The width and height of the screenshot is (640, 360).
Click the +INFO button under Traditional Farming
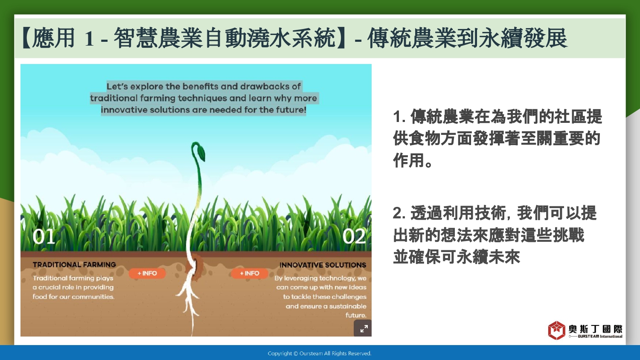click(x=147, y=273)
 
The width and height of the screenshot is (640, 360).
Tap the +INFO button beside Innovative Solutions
click(x=250, y=273)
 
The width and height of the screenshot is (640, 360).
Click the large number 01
click(x=44, y=237)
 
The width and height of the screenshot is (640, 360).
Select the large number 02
click(x=354, y=237)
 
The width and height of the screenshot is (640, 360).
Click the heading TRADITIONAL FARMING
click(x=74, y=264)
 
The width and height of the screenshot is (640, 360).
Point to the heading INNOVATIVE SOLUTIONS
click(x=323, y=265)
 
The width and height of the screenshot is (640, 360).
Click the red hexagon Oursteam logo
click(x=556, y=331)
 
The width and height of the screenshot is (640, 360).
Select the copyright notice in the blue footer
click(x=320, y=354)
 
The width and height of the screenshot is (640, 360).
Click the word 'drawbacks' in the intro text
click(x=264, y=86)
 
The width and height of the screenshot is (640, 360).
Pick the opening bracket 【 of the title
click(x=26, y=38)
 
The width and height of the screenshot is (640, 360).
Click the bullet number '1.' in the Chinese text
click(x=399, y=117)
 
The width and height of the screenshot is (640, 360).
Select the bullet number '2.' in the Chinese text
click(x=399, y=213)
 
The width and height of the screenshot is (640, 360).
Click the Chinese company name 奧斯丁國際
click(x=596, y=329)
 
